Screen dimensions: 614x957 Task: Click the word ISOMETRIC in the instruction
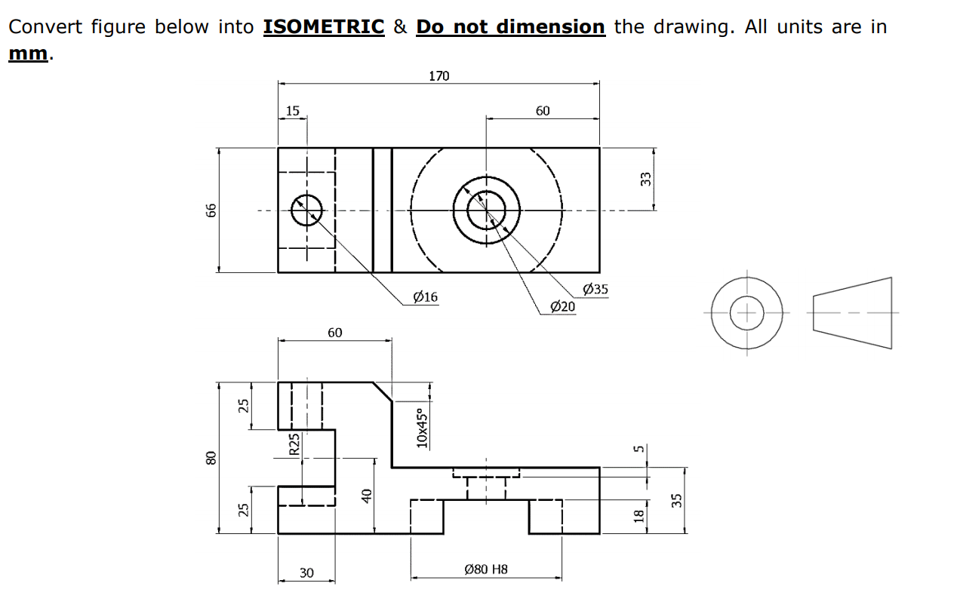click(x=324, y=26)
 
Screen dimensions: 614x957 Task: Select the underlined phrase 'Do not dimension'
click(x=510, y=26)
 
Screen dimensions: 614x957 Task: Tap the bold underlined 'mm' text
click(x=28, y=54)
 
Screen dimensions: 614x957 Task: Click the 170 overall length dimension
click(x=438, y=75)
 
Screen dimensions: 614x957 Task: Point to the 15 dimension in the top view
click(x=292, y=111)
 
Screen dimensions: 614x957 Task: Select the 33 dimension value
click(x=645, y=179)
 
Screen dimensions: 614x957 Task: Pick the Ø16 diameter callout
click(x=426, y=296)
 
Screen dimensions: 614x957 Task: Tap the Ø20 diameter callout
click(x=562, y=305)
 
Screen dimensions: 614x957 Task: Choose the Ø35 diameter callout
click(x=595, y=289)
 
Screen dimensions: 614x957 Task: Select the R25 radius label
click(x=295, y=443)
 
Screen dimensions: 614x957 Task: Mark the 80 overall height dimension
click(x=212, y=457)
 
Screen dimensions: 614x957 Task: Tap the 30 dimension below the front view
click(x=306, y=573)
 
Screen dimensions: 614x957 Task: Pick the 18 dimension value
click(x=639, y=516)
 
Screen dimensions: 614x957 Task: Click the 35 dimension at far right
click(x=676, y=499)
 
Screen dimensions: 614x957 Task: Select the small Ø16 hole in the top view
click(x=306, y=210)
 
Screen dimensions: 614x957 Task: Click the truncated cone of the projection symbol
click(x=853, y=312)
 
